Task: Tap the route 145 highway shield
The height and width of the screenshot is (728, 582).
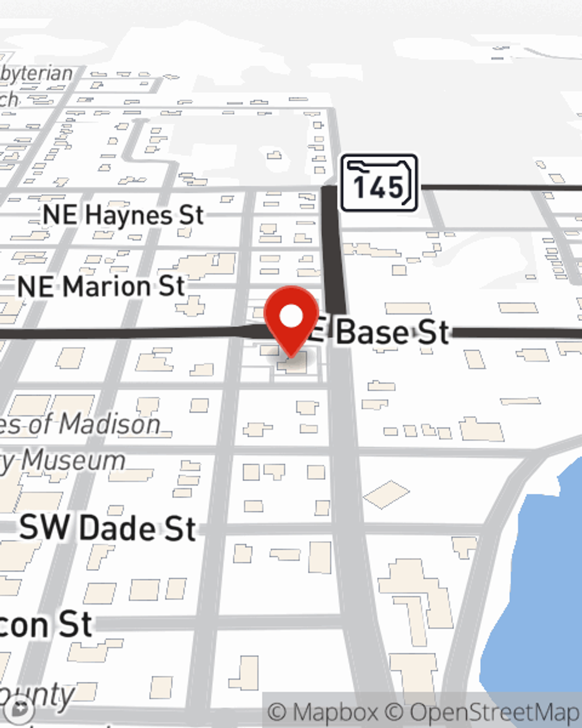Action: coord(379,183)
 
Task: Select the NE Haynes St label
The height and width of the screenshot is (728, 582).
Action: coord(123,215)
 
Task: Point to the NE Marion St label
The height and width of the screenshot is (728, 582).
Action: coord(101,287)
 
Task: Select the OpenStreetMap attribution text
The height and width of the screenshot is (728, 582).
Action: coord(495,712)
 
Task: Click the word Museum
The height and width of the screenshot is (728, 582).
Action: coord(73,461)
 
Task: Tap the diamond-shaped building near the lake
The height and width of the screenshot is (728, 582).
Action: coord(386,494)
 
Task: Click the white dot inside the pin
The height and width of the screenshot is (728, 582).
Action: coord(292,316)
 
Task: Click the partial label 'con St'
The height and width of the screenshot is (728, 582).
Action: coord(47,625)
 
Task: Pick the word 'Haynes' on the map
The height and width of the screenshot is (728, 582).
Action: coord(129,215)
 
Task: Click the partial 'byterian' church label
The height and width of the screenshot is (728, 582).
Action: coord(36,74)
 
